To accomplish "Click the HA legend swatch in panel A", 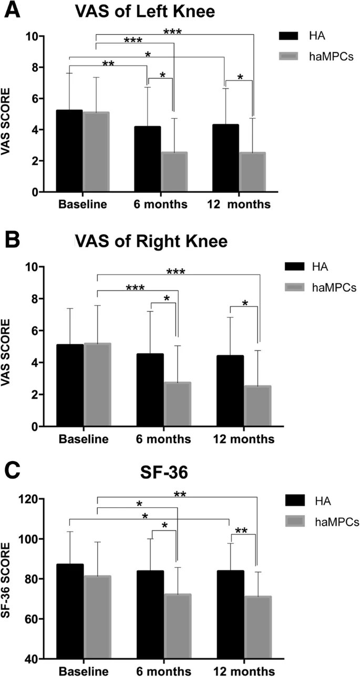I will point(289,36).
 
